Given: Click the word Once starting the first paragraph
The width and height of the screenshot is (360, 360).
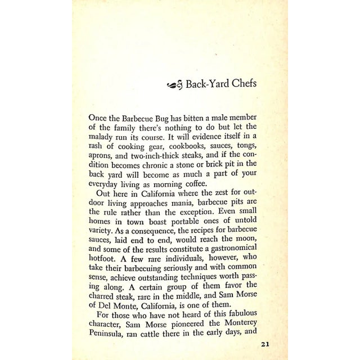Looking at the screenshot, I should [x=100, y=119].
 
